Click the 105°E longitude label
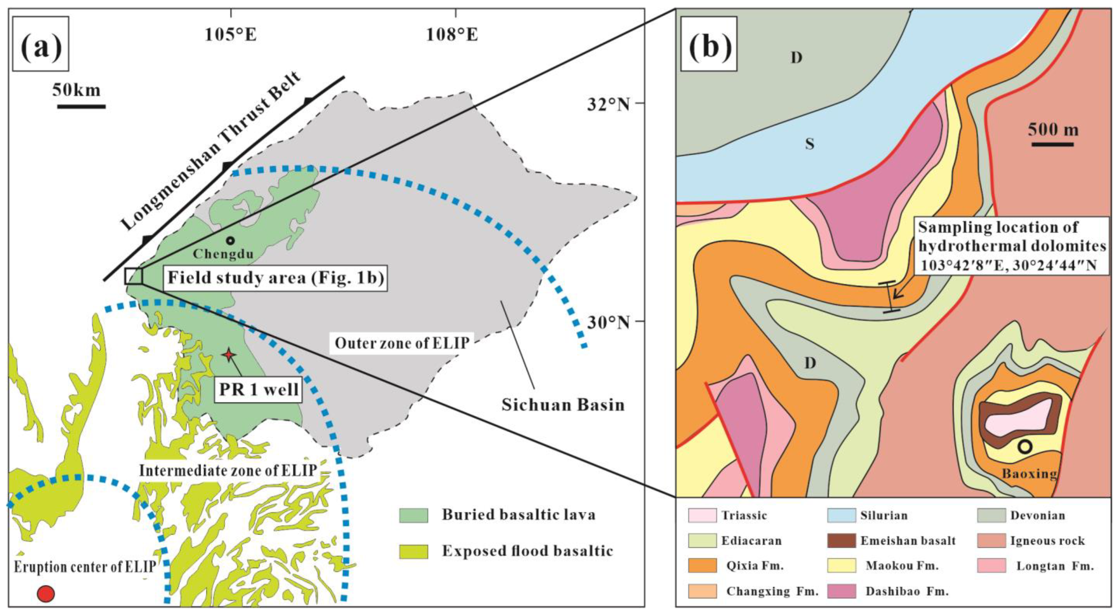231,35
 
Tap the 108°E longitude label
452,35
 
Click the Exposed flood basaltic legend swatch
413,551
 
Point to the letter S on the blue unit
809,144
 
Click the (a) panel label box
41,43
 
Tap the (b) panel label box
709,43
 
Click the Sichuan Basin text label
563,405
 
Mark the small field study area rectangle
134,276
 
